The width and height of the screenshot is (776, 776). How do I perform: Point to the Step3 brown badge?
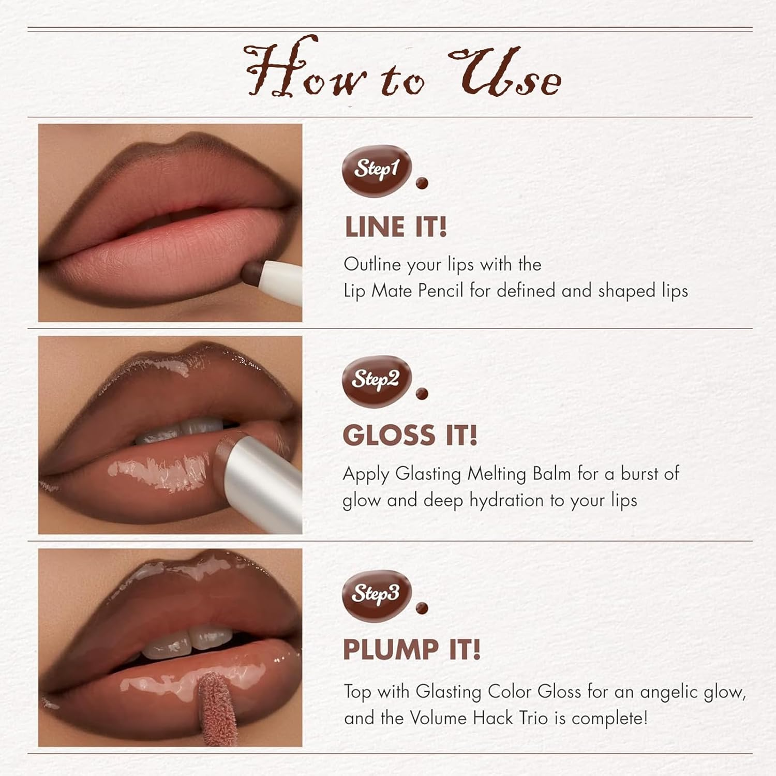click(377, 593)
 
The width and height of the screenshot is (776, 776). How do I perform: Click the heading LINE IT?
click(396, 227)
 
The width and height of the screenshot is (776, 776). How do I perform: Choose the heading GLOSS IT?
click(410, 435)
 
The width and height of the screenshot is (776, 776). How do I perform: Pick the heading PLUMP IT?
click(412, 650)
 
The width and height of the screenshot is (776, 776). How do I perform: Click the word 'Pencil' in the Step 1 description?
click(441, 291)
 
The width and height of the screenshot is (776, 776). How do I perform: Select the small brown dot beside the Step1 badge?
click(422, 183)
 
